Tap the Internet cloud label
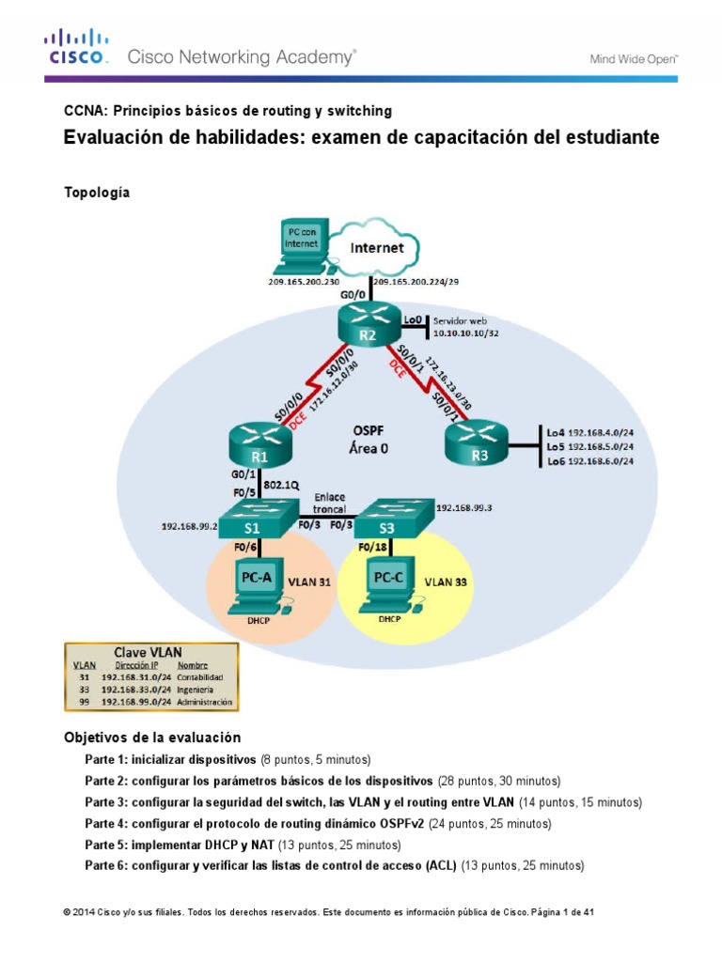tap(377, 248)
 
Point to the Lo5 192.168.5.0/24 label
tap(589, 447)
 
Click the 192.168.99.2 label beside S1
tap(188, 528)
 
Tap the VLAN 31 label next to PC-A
tap(311, 582)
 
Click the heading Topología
tap(96, 193)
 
